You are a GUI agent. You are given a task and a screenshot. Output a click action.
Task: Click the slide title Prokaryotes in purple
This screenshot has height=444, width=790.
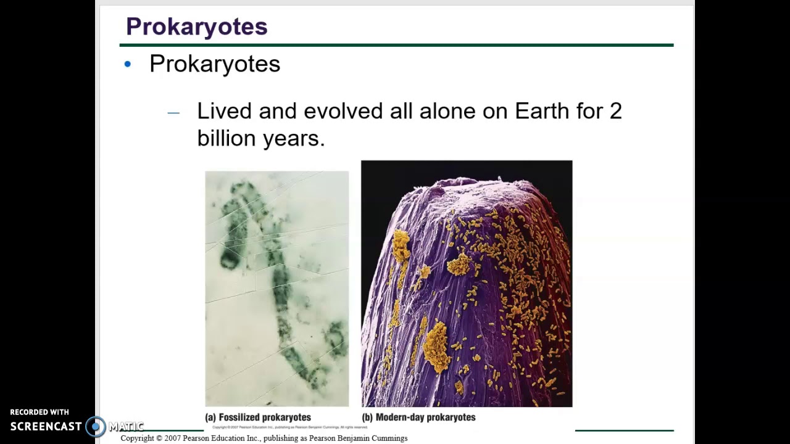pos(196,27)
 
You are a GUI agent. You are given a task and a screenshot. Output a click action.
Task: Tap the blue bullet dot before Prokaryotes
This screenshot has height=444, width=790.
pos(128,64)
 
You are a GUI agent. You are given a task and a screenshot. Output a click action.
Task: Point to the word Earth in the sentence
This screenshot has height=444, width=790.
pos(542,111)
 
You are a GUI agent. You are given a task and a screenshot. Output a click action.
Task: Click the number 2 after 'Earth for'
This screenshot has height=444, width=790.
pos(615,111)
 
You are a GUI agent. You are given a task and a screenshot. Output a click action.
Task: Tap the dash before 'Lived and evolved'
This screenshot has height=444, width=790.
pos(173,112)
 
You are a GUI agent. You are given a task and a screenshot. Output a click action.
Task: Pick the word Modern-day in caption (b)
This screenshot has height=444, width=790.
pos(400,417)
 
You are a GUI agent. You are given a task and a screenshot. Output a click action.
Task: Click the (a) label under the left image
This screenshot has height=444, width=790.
pos(210,417)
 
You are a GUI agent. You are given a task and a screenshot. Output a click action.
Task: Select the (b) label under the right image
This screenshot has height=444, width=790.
pos(367,417)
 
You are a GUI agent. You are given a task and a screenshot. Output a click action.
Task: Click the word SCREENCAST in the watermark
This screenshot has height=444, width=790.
pos(46,427)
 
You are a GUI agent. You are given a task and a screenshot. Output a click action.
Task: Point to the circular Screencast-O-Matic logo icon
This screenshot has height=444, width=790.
pos(96,427)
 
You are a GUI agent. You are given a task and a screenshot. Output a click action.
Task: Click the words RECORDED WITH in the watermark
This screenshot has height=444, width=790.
pos(39,412)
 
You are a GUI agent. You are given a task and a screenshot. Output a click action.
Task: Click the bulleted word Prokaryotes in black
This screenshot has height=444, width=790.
pos(214,64)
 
